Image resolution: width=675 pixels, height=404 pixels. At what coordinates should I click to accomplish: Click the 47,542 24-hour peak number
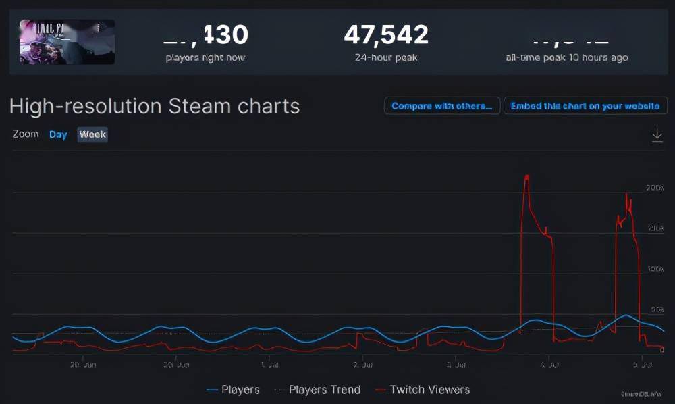tap(385, 34)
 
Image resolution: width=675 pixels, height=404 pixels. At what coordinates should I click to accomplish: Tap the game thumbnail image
tap(67, 42)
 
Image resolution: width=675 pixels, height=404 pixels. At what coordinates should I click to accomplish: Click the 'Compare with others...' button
tap(442, 106)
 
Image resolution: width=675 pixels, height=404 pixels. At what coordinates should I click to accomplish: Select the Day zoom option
tap(58, 134)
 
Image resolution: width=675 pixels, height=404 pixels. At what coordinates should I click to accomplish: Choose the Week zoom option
tap(92, 134)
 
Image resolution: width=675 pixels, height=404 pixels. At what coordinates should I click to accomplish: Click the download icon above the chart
tap(657, 135)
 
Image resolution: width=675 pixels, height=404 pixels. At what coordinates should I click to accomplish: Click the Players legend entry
tap(233, 390)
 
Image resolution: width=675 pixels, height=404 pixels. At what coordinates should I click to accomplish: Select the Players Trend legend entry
tap(317, 390)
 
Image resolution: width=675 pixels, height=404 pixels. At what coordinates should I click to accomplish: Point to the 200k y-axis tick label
tap(654, 188)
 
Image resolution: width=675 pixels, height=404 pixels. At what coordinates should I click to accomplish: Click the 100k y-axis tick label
tap(654, 269)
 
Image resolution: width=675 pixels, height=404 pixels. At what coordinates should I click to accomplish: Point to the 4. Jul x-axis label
tap(549, 365)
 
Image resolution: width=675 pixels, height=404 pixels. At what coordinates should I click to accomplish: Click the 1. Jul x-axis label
tap(269, 365)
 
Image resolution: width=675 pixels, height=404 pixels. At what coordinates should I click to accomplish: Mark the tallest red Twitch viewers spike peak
tap(526, 176)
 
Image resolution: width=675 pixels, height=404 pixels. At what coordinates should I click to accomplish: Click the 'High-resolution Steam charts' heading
tap(155, 106)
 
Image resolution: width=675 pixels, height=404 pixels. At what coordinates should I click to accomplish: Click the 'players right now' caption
tap(205, 58)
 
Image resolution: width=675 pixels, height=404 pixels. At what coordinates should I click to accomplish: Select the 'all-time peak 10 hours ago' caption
tap(567, 58)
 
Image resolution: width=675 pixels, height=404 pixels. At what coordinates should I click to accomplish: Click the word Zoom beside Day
tap(26, 134)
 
